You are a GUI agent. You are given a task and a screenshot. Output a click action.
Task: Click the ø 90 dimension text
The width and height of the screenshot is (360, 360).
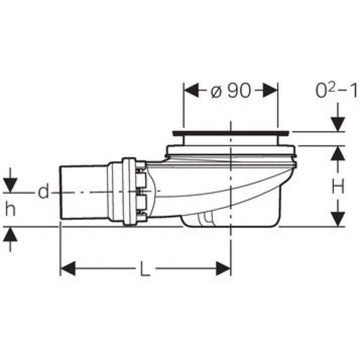click(x=230, y=91)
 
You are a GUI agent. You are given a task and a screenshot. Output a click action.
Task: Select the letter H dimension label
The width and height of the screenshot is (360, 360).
click(x=338, y=186)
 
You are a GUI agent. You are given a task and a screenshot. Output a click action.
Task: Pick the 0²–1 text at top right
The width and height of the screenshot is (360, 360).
click(x=336, y=91)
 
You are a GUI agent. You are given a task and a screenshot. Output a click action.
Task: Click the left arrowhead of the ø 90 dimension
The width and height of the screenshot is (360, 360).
click(x=191, y=90)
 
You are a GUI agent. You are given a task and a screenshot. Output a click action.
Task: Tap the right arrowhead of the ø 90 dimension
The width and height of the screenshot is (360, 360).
click(x=270, y=90)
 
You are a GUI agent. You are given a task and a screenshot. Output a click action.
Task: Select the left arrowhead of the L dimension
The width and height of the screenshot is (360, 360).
click(x=68, y=268)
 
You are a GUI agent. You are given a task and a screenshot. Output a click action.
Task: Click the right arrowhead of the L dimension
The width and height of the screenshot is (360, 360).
click(x=223, y=268)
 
